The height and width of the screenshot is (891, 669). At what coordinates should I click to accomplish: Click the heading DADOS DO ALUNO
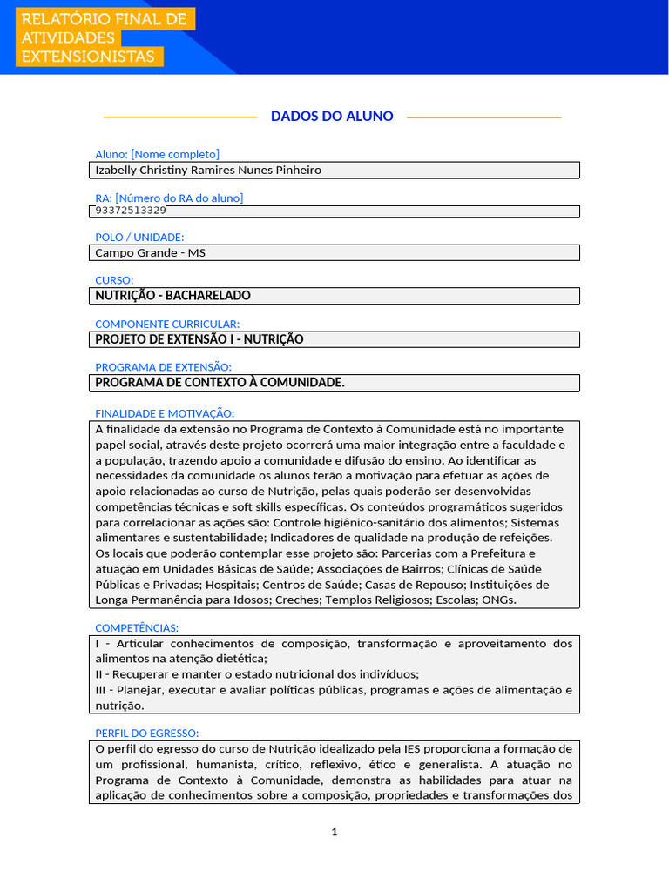332,116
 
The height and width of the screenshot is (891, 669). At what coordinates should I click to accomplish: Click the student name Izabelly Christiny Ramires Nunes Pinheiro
208,170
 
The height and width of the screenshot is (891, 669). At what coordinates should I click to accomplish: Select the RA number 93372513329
131,211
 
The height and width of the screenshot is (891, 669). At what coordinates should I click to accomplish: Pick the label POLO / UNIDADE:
139,237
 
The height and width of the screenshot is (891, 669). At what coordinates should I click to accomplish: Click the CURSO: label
114,280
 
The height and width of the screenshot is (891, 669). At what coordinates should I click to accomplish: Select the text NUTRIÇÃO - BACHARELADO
172,296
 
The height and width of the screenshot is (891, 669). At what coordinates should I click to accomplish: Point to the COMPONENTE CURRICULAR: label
167,324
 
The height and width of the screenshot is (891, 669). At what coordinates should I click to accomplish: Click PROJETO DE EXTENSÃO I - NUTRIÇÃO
199,339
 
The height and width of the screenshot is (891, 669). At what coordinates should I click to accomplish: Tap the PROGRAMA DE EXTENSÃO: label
163,367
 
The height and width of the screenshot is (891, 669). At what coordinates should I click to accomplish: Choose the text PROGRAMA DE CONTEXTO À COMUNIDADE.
220,383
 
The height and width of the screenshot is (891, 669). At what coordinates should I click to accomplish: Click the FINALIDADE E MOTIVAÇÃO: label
165,413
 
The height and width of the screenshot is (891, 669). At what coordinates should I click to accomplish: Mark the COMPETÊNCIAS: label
137,627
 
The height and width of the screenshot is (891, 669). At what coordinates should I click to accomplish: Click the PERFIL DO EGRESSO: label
146,733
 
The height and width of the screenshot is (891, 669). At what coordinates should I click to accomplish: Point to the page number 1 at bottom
334,832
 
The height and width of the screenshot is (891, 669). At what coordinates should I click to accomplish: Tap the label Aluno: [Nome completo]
157,154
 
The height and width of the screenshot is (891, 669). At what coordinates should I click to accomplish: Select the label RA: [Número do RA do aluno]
169,198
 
